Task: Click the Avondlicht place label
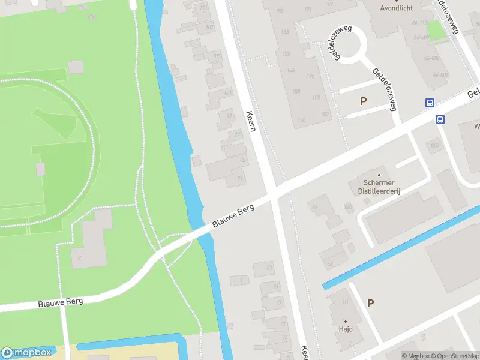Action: [397, 8]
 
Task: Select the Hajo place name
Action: [346, 329]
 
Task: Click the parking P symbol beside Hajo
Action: [370, 304]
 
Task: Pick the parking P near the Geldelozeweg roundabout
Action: [363, 101]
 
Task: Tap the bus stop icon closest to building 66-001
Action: [430, 103]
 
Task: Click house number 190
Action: [301, 121]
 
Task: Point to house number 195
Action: [310, 76]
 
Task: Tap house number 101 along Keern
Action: [228, 92]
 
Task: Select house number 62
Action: [329, 263]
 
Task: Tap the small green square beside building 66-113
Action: [437, 30]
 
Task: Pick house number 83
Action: [269, 268]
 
